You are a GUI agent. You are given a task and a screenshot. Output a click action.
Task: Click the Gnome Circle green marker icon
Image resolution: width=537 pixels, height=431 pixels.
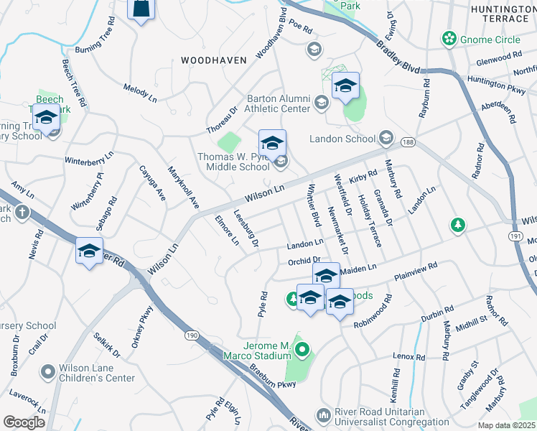tap(450, 37)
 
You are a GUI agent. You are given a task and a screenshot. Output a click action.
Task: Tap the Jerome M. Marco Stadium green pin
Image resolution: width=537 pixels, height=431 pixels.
tap(302, 351)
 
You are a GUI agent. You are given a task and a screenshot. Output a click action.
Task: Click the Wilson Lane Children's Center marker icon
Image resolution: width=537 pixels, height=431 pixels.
tap(49, 371)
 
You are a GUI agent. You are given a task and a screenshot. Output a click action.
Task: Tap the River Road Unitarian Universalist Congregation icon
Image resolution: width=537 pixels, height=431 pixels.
tap(323, 415)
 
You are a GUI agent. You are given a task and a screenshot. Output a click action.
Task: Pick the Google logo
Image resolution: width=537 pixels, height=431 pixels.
tap(24, 422)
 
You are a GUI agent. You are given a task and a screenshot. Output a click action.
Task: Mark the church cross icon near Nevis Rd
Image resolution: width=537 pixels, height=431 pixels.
tap(22, 212)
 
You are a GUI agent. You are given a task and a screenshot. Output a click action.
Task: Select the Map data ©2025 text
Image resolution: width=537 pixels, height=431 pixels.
tap(506, 425)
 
